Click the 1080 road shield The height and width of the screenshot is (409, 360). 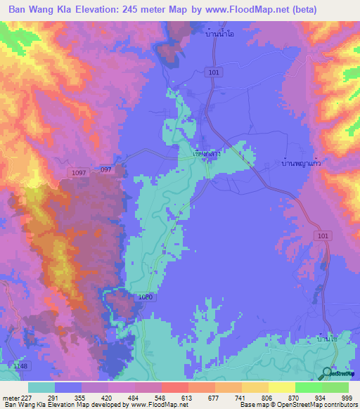coord(145,297)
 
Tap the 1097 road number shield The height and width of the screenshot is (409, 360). coord(78,172)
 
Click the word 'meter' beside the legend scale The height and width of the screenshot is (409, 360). coord(9,397)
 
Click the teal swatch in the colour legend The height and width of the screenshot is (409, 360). coord(41,387)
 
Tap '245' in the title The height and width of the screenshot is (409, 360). coord(155,10)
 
